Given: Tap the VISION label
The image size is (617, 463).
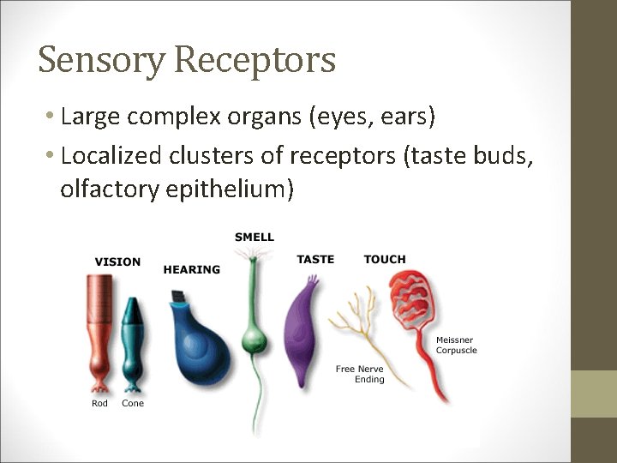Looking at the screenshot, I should tap(117, 262).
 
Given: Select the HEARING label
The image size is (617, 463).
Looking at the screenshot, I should tap(192, 269).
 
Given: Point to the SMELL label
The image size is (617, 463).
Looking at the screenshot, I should tap(255, 237).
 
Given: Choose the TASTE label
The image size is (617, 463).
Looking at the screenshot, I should tap(315, 259).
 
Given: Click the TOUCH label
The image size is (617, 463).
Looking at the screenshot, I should tap(385, 259).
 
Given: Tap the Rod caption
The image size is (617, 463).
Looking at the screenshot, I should tap(100, 403).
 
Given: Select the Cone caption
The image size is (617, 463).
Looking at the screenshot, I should tap(133, 403).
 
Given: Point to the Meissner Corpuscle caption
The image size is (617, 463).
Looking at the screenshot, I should tap(456, 345).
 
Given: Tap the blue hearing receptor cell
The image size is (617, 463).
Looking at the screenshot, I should tap(199, 343).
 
